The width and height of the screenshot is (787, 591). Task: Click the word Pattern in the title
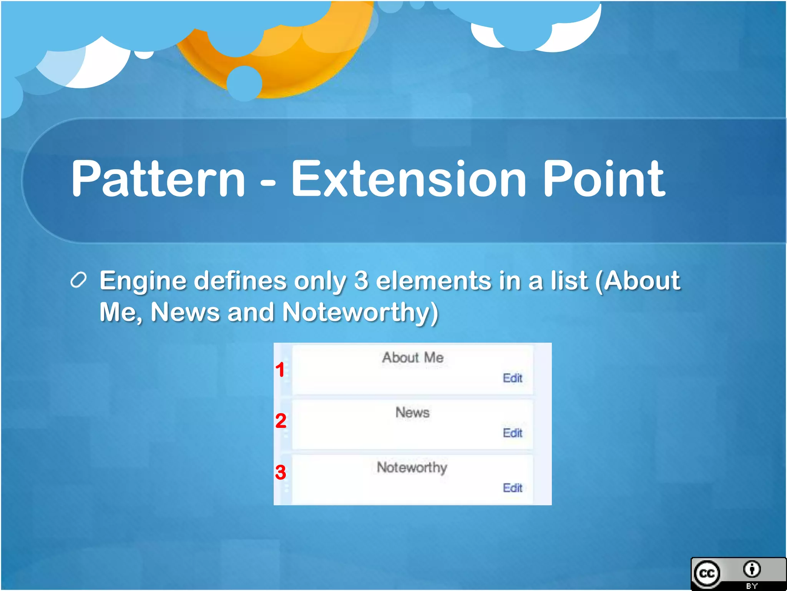click(x=158, y=179)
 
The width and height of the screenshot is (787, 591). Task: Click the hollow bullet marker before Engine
click(x=78, y=280)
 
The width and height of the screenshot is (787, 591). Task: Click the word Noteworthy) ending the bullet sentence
click(x=360, y=312)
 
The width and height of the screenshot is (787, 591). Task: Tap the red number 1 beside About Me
click(x=280, y=370)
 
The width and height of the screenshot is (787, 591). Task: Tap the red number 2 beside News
click(x=281, y=421)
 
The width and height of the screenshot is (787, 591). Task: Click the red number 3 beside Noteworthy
click(x=281, y=472)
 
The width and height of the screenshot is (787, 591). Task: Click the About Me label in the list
click(x=413, y=358)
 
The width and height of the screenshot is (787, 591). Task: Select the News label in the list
click(x=412, y=412)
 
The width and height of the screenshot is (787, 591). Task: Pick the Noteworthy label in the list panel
click(x=412, y=467)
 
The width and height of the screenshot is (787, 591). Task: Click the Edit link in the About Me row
click(x=512, y=378)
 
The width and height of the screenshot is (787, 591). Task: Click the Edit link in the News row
click(x=512, y=433)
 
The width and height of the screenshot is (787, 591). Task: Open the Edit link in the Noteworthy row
click(x=512, y=488)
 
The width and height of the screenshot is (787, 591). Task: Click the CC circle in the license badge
click(x=707, y=574)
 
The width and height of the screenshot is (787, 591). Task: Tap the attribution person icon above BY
click(x=752, y=569)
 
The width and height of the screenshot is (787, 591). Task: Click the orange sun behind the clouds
click(x=292, y=69)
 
